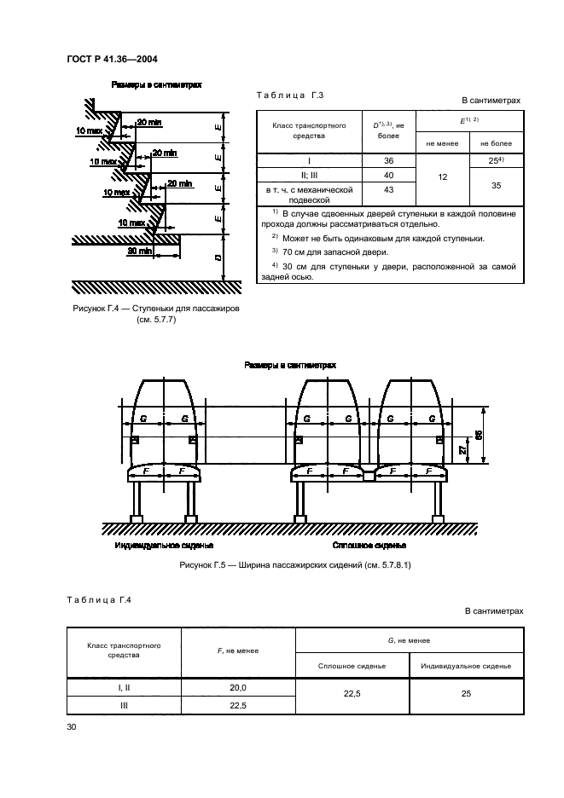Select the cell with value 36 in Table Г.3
[x=388, y=160]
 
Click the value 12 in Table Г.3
[x=442, y=176]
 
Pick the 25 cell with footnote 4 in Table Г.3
[x=496, y=160]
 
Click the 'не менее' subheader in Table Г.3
[x=442, y=142]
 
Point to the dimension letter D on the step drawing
[x=218, y=257]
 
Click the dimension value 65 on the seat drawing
[x=479, y=434]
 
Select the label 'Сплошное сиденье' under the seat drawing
[x=369, y=544]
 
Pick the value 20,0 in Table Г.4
[x=238, y=687]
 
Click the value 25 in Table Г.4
[x=466, y=695]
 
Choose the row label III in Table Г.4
[x=124, y=705]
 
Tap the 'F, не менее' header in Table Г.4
[x=238, y=651]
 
